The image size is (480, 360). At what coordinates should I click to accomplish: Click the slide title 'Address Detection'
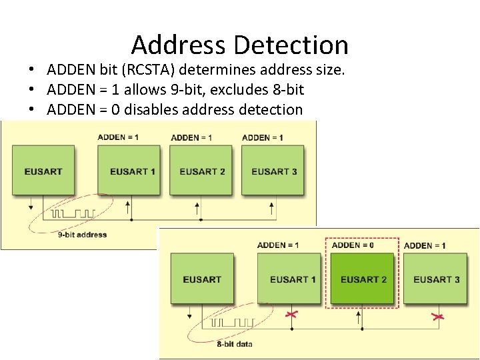pyautogui.click(x=240, y=45)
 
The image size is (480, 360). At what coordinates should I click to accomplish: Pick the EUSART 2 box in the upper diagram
pyautogui.click(x=202, y=171)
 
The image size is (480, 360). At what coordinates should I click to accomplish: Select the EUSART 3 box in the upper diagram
pyautogui.click(x=274, y=171)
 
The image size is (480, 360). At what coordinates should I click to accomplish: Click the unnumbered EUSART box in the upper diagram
pyautogui.click(x=43, y=171)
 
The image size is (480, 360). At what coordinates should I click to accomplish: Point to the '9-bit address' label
pyautogui.click(x=83, y=235)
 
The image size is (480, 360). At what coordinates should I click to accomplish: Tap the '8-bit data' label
pyautogui.click(x=235, y=344)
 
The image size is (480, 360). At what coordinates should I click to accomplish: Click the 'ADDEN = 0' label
pyautogui.click(x=353, y=245)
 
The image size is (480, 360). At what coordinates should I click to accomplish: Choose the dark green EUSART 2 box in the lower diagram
pyautogui.click(x=363, y=279)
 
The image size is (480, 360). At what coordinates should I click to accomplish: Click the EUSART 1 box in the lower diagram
pyautogui.click(x=293, y=279)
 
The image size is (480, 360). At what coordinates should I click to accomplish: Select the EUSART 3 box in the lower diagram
pyautogui.click(x=437, y=279)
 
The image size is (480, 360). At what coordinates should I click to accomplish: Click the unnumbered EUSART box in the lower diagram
pyautogui.click(x=201, y=279)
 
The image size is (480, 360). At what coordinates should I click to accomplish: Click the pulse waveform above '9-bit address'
pyautogui.click(x=73, y=214)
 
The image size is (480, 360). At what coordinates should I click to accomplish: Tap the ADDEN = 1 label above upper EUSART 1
pyautogui.click(x=118, y=137)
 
